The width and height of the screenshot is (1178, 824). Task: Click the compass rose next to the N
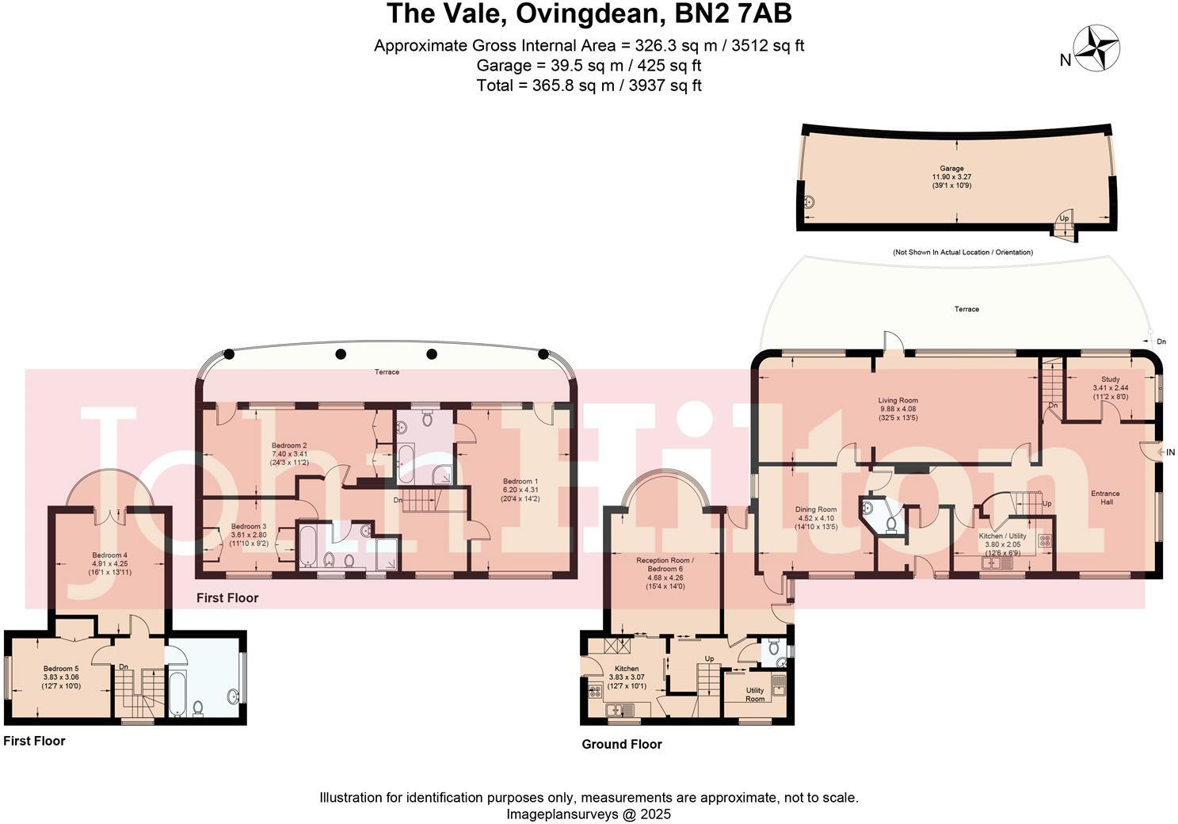pyautogui.click(x=1096, y=48)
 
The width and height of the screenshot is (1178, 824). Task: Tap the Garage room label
pyautogui.click(x=951, y=169)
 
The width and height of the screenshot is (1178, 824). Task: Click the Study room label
pyautogui.click(x=1110, y=380)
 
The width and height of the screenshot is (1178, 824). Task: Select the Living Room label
pyautogui.click(x=898, y=401)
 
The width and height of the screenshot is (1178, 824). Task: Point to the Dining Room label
pyautogui.click(x=815, y=509)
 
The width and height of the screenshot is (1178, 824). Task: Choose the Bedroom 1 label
pyautogui.click(x=520, y=482)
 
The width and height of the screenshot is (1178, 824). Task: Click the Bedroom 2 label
pyautogui.click(x=289, y=445)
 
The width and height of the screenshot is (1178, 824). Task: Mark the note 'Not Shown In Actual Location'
pyautogui.click(x=963, y=252)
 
